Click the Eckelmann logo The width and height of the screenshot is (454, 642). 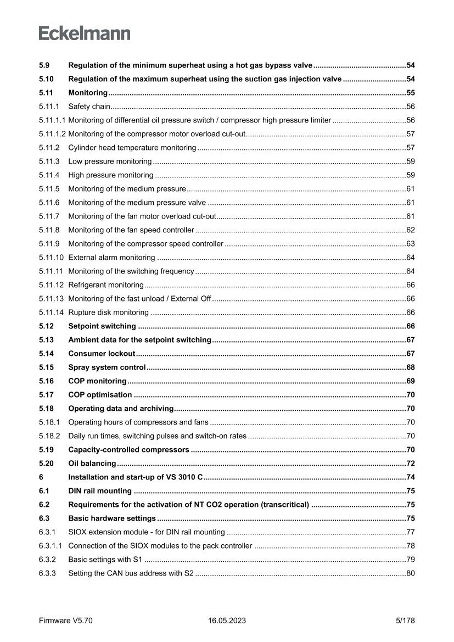85,34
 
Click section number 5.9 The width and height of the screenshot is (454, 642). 44,65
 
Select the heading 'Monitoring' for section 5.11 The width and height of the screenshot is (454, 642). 88,93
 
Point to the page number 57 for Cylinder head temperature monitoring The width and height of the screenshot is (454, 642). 410,148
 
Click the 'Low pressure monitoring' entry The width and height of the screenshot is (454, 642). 110,161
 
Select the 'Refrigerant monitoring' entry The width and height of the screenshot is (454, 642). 105,284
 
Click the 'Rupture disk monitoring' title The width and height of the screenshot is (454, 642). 108,312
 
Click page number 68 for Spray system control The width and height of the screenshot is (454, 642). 410,367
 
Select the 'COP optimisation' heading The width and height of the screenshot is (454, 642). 100,394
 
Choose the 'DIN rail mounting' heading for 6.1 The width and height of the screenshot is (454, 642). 100,490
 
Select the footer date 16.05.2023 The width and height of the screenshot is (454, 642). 227,621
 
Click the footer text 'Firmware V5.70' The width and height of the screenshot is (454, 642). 66,621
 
